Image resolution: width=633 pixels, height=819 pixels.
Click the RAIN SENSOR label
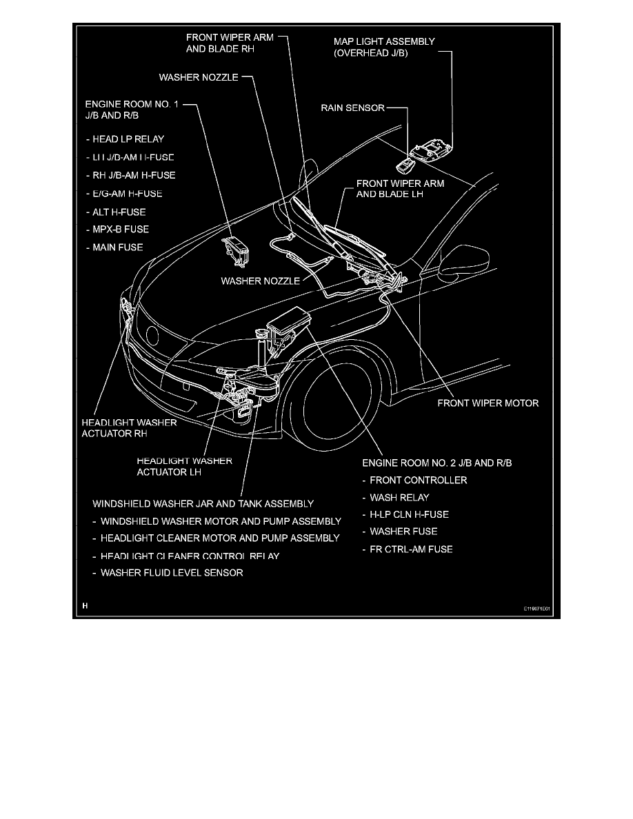pos(352,108)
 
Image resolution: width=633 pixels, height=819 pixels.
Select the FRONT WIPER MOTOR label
pos(488,403)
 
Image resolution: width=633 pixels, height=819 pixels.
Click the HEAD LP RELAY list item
pos(130,139)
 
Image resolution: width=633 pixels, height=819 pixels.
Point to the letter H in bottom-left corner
pos(85,607)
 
